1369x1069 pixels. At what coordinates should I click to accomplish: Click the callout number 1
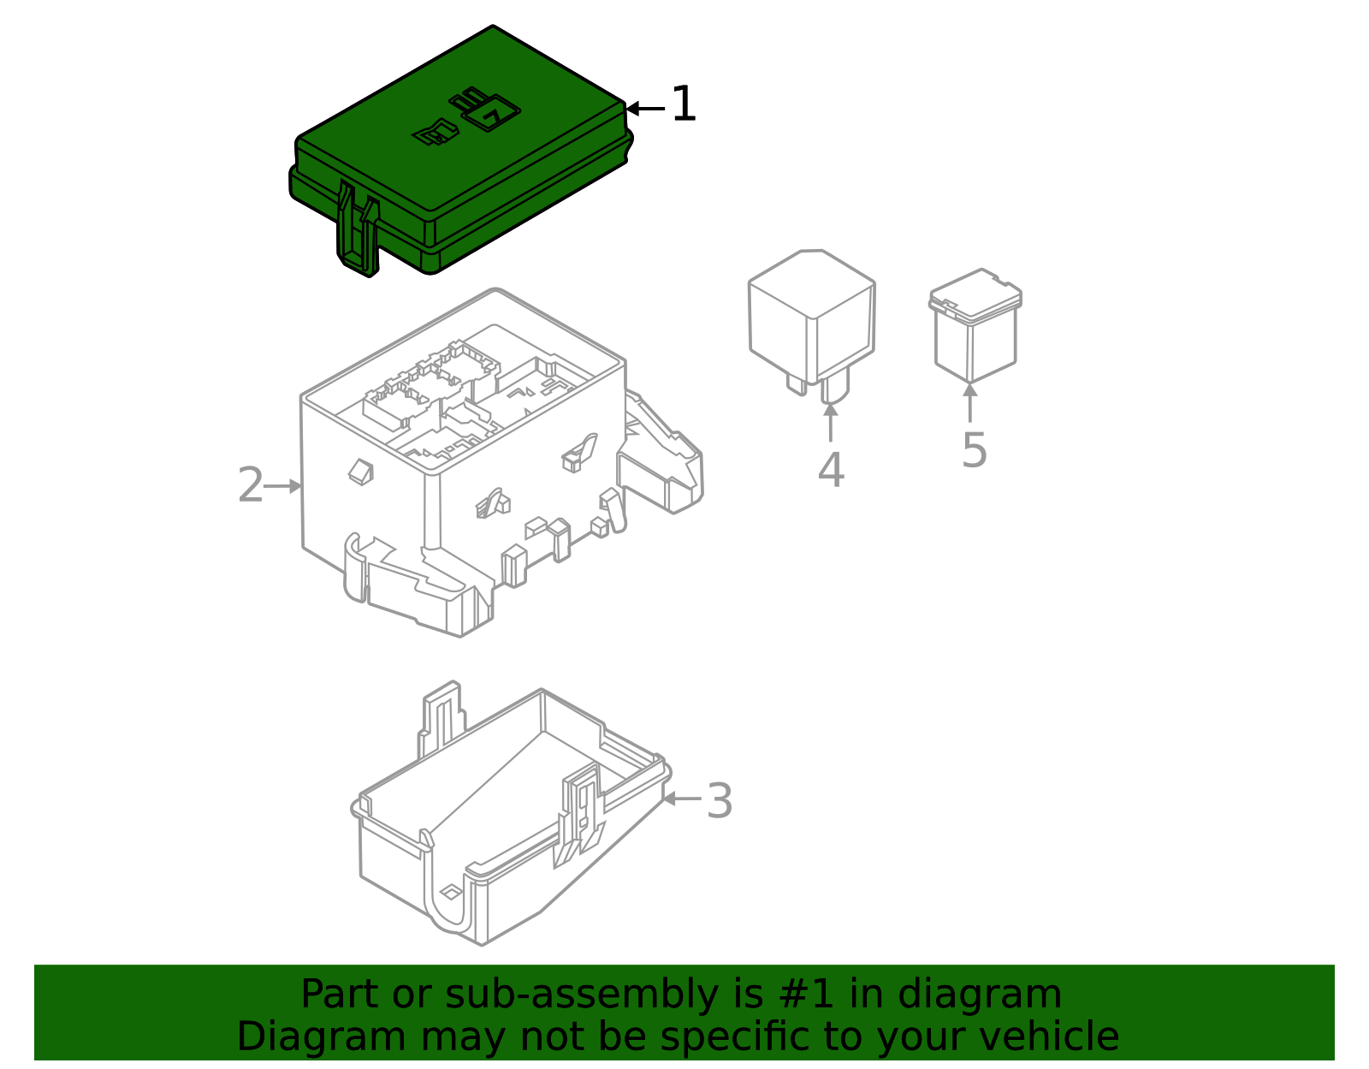pos(684,105)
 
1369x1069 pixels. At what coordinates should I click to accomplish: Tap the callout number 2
pos(250,486)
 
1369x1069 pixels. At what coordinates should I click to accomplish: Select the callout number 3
pos(720,802)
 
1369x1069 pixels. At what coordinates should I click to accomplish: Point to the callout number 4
pos(831,471)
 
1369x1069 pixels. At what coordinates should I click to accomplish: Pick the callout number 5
pos(974,450)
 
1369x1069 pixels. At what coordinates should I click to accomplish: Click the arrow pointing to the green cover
pos(644,109)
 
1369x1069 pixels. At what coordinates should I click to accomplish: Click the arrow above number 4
pos(830,421)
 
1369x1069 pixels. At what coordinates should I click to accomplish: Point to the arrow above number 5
pos(969,402)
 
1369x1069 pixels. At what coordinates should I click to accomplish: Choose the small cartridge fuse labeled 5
pos(975,325)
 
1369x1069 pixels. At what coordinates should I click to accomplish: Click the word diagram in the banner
pos(998,995)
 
